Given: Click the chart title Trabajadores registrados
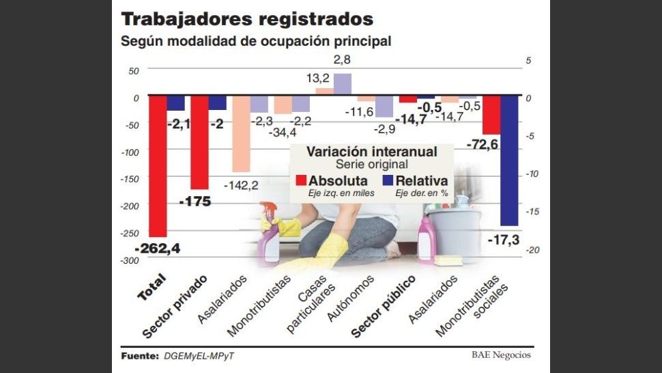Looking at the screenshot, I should point(246,18).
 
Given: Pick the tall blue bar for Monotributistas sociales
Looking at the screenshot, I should point(509,161).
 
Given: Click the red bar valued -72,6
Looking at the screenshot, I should point(491,115).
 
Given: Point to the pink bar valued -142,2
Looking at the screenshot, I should point(241,133).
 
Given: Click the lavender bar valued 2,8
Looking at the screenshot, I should point(342,83).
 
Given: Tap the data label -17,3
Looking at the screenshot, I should point(504,240).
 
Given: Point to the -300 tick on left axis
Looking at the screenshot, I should point(130,260).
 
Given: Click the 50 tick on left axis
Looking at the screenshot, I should point(133,71).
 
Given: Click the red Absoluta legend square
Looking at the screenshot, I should point(301,180).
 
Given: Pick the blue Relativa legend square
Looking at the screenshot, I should point(388,180).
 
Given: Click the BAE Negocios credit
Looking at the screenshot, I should point(500,355).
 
